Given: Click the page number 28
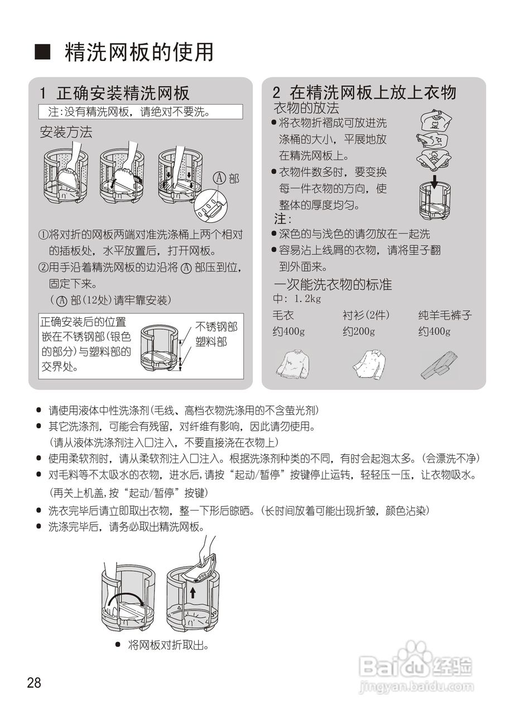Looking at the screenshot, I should click(34, 683).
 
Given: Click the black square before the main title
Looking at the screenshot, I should click(43, 53).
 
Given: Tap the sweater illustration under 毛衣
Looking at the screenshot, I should click(292, 364).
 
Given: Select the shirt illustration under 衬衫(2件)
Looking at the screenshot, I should click(369, 364).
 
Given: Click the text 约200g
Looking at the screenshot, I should click(359, 331).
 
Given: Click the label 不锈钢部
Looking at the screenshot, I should click(216, 327).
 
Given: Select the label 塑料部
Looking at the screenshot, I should click(211, 341).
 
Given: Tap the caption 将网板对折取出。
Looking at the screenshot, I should click(168, 645).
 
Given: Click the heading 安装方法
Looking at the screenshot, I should click(66, 132).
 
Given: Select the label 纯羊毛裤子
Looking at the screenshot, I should click(445, 316).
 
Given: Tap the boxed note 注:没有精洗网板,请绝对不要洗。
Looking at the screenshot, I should click(141, 112).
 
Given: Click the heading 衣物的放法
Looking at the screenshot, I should click(306, 108).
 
